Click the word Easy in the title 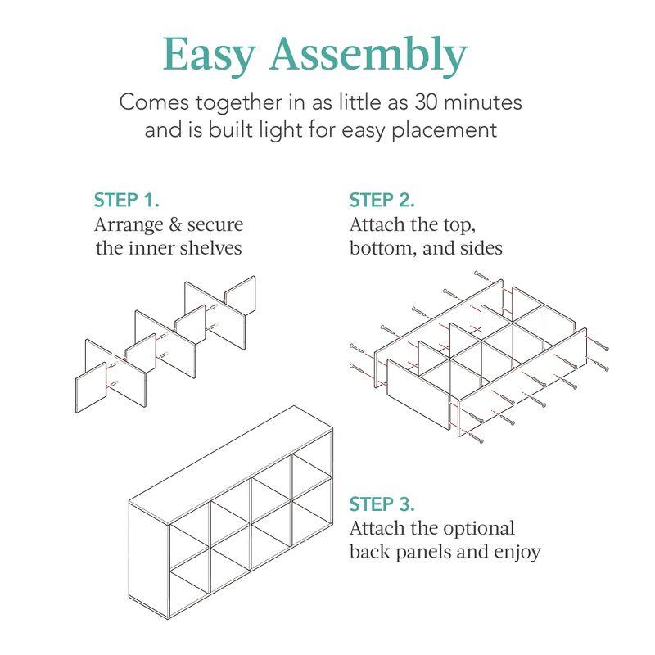[210, 56]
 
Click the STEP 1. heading [127, 200]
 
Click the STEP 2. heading [382, 200]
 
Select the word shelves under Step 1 [212, 247]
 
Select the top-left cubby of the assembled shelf [190, 532]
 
